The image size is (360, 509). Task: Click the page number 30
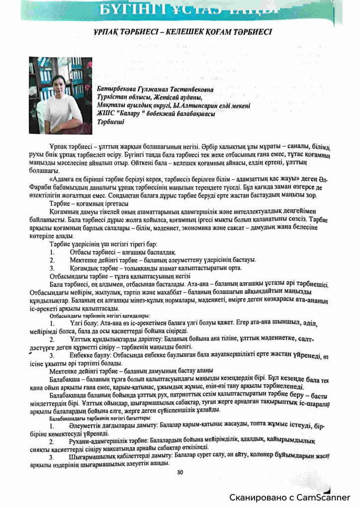pos(180,472)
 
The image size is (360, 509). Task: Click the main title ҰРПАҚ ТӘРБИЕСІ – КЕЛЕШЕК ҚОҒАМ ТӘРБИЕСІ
pos(180,32)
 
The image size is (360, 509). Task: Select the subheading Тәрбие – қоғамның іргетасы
pos(89,204)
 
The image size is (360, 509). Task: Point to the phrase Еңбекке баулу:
pos(92,355)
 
